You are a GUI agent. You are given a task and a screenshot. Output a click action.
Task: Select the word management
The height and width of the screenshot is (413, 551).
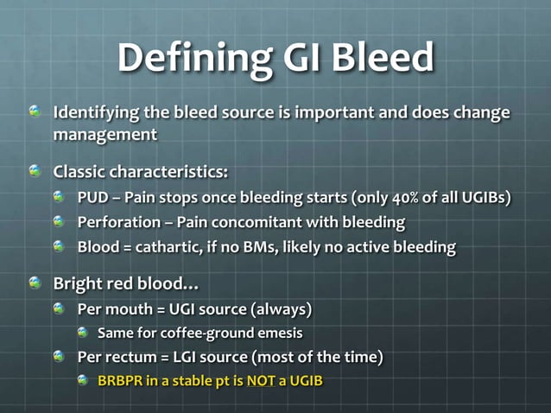tap(104, 135)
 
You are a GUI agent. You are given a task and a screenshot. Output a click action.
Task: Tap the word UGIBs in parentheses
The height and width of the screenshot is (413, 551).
tap(484, 197)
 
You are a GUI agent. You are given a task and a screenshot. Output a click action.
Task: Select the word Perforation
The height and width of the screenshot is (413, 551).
tap(117, 222)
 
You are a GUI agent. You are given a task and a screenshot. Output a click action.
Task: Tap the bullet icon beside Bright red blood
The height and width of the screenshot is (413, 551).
tap(35, 283)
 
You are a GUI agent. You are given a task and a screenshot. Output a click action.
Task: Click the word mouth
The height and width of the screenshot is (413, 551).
tap(125, 308)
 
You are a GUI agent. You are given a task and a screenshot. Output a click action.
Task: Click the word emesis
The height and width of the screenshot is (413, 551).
tap(278, 333)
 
